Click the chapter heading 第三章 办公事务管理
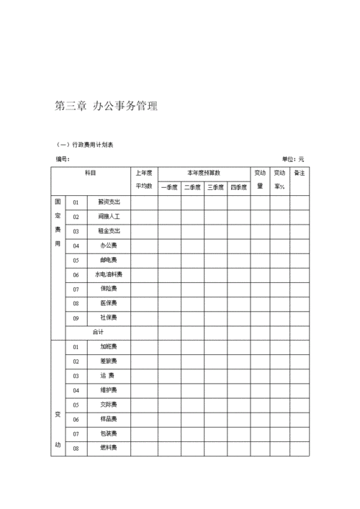click(x=106, y=106)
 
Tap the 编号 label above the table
click(x=63, y=159)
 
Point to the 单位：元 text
click(x=293, y=159)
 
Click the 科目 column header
click(x=91, y=174)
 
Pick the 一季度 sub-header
click(x=169, y=187)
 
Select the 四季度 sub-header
click(x=238, y=187)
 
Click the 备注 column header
click(x=300, y=174)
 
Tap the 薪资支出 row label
click(x=109, y=202)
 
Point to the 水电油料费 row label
click(x=109, y=274)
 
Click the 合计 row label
click(x=98, y=332)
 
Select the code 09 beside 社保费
click(x=76, y=317)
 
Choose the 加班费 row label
click(x=109, y=346)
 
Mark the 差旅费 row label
click(x=109, y=361)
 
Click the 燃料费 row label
click(x=109, y=448)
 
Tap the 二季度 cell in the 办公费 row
click(x=192, y=246)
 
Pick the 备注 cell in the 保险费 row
click(x=300, y=289)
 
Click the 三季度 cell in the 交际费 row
click(x=215, y=405)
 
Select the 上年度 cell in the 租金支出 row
click(x=144, y=231)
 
